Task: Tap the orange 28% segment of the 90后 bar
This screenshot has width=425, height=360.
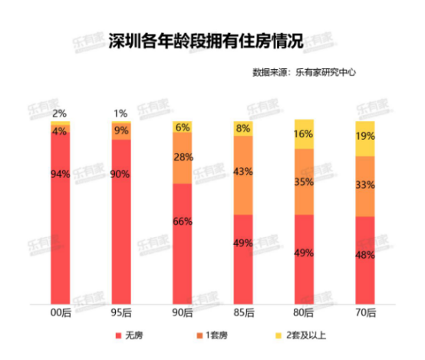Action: pyautogui.click(x=183, y=158)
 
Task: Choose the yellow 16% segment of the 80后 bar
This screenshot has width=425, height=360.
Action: pyautogui.click(x=305, y=134)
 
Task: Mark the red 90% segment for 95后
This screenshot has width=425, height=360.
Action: pyautogui.click(x=121, y=223)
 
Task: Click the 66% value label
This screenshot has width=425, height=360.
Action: pyautogui.click(x=183, y=221)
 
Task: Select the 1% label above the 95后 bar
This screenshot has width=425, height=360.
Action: pyautogui.click(x=120, y=114)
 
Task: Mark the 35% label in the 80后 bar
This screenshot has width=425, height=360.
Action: pyautogui.click(x=305, y=182)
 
